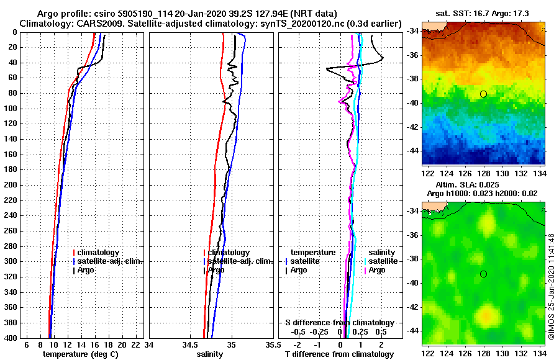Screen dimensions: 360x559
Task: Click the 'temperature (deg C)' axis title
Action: click(x=80, y=354)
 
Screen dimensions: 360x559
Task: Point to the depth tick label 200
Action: click(x=11, y=185)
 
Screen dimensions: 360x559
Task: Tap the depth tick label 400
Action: click(x=11, y=338)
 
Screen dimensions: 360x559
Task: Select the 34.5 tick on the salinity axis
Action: click(x=190, y=344)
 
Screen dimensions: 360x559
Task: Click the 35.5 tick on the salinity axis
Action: click(x=271, y=344)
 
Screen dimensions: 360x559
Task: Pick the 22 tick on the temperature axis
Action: click(x=135, y=344)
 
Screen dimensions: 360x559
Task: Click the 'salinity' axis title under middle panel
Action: click(x=209, y=354)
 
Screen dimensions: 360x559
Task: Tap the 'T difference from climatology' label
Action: click(x=339, y=354)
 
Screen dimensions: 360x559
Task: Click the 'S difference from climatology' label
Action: click(x=339, y=323)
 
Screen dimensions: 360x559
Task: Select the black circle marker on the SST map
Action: click(x=483, y=94)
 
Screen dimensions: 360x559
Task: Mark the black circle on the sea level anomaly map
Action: click(x=483, y=274)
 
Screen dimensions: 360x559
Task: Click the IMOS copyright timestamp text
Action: click(x=552, y=286)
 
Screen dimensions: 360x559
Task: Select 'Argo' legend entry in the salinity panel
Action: click(x=216, y=270)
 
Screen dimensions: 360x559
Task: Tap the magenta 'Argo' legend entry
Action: click(x=376, y=270)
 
